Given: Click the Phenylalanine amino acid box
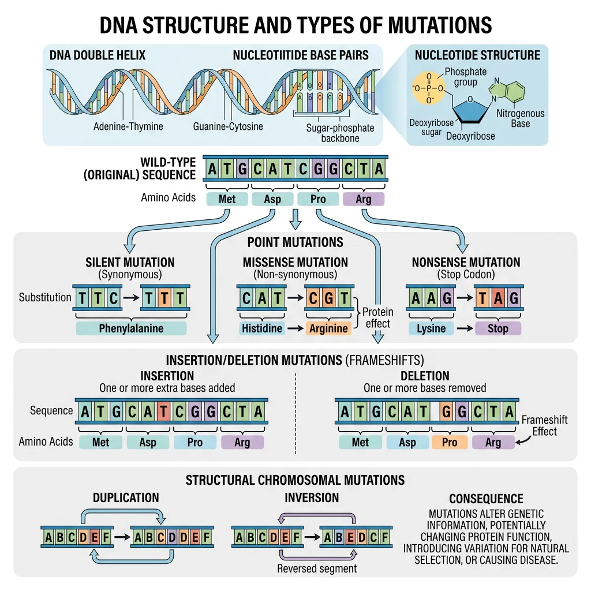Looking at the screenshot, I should click(x=131, y=328).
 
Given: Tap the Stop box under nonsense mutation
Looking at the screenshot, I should click(x=498, y=328).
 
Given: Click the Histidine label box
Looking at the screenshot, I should click(x=261, y=328).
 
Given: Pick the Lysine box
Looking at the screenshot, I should click(x=431, y=328).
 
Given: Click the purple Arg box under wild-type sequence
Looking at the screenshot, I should click(x=364, y=199).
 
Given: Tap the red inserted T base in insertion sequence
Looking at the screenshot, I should click(x=164, y=412).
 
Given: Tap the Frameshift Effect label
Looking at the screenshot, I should click(x=544, y=426).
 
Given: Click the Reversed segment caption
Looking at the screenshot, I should click(x=317, y=568).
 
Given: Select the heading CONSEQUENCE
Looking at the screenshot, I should click(x=486, y=499).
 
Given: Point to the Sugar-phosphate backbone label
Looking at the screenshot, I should click(x=340, y=133).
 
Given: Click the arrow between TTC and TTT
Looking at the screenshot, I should click(x=131, y=298).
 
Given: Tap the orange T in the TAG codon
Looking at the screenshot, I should click(x=482, y=298).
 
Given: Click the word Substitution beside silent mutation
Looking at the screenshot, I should click(x=45, y=298).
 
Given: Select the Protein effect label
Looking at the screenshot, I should click(x=378, y=317).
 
